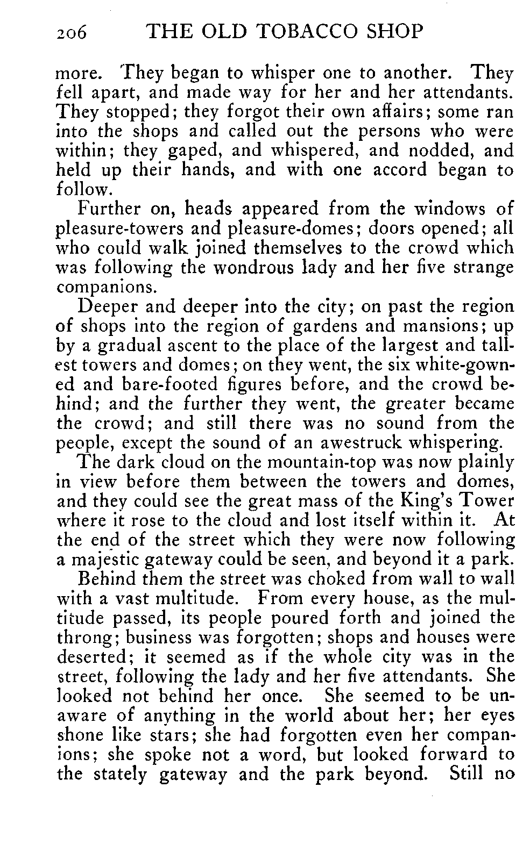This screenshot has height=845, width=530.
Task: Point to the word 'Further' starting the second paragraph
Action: click(109, 209)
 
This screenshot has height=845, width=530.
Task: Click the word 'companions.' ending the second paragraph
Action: click(105, 287)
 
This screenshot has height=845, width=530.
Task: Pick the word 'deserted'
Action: click(92, 657)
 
